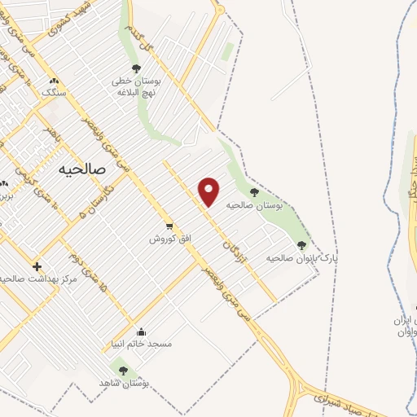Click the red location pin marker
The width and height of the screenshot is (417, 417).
click(210, 191)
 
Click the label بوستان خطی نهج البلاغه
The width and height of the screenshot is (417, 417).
click(134, 87)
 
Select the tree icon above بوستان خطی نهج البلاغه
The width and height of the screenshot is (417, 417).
click(136, 68)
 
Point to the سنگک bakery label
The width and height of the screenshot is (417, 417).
click(55, 94)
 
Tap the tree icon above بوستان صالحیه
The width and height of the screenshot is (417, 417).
click(254, 193)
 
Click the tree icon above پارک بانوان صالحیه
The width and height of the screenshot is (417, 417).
click(301, 244)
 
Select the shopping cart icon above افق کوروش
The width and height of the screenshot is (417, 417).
click(169, 226)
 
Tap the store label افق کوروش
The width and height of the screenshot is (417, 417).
click(168, 239)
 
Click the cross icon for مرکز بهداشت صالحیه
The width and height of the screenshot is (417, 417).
click(36, 266)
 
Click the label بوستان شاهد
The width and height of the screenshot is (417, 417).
click(122, 383)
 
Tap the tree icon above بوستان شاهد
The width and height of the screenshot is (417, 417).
click(123, 370)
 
